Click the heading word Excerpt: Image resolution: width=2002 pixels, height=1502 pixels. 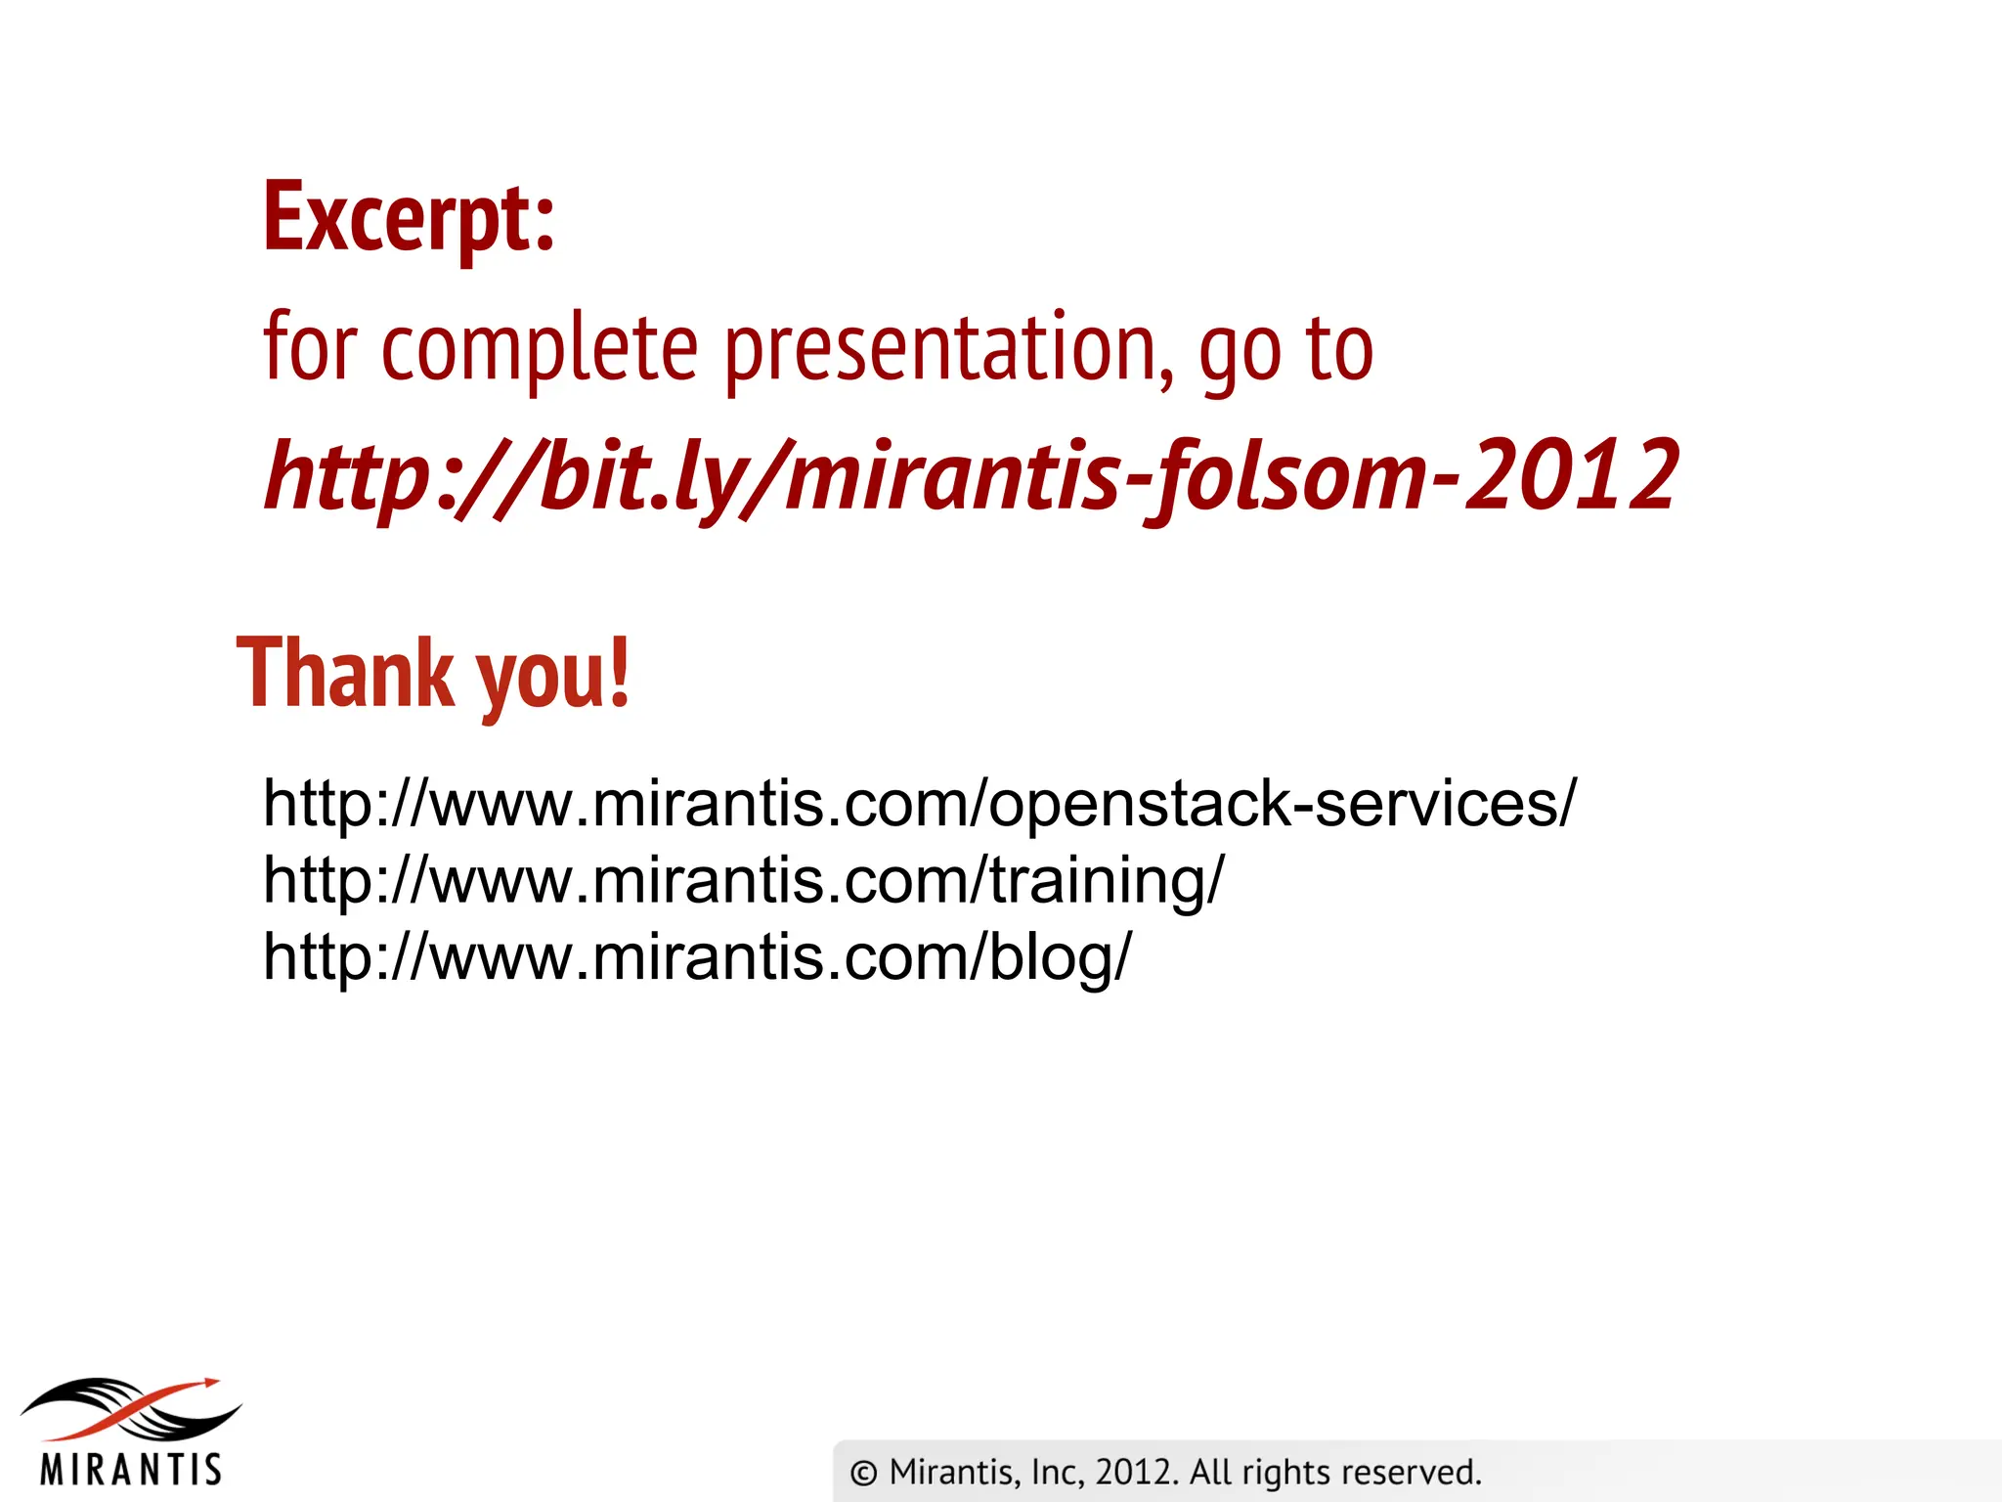click(x=409, y=217)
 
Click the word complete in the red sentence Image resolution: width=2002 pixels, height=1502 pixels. click(x=539, y=349)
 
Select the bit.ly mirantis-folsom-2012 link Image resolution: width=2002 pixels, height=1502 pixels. click(x=971, y=476)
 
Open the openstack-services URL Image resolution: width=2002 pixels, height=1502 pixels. click(x=919, y=804)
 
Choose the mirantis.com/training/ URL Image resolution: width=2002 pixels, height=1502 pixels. click(x=743, y=880)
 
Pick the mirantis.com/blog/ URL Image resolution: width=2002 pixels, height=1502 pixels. click(x=697, y=956)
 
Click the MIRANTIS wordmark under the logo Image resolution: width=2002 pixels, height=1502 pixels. click(x=131, y=1470)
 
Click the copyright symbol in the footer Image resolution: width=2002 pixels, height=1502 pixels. click(x=863, y=1473)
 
